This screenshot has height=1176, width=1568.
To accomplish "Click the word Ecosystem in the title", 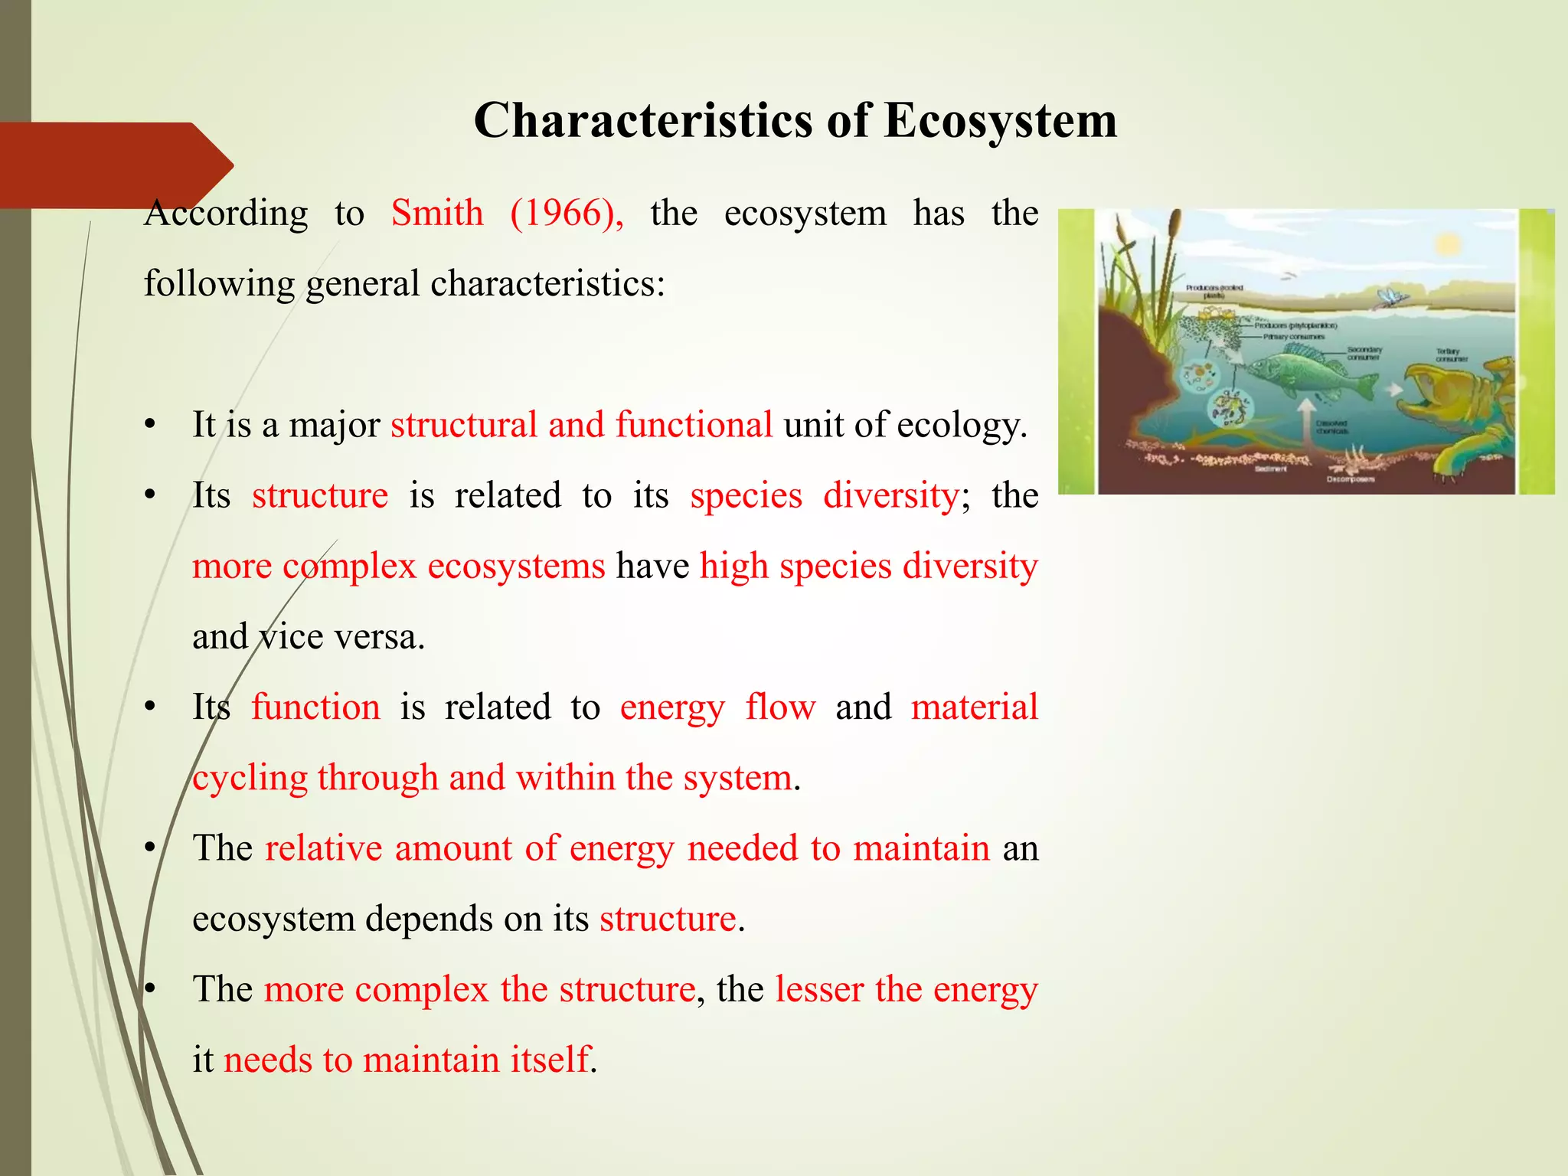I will coord(1000,120).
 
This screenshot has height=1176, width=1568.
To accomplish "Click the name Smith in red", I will coord(437,213).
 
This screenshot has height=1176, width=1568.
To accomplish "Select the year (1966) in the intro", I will coord(567,213).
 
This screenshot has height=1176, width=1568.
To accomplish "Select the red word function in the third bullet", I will coord(315,707).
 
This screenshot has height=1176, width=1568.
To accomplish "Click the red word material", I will coord(974,707).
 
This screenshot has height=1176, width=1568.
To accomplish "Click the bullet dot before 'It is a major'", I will coord(151,426).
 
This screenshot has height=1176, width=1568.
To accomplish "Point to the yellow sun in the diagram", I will coord(1448,245).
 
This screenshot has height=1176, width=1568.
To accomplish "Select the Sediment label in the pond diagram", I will coord(1271,469).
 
